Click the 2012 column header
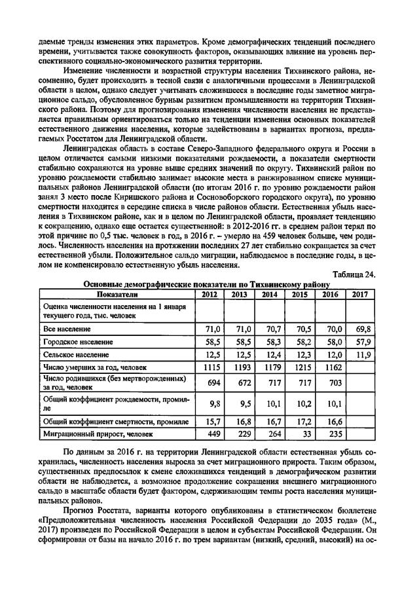coord(209,295)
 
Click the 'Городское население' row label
coord(78,342)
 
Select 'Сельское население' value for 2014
coord(272,355)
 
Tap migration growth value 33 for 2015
coord(304,434)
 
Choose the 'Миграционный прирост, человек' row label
coord(99,434)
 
